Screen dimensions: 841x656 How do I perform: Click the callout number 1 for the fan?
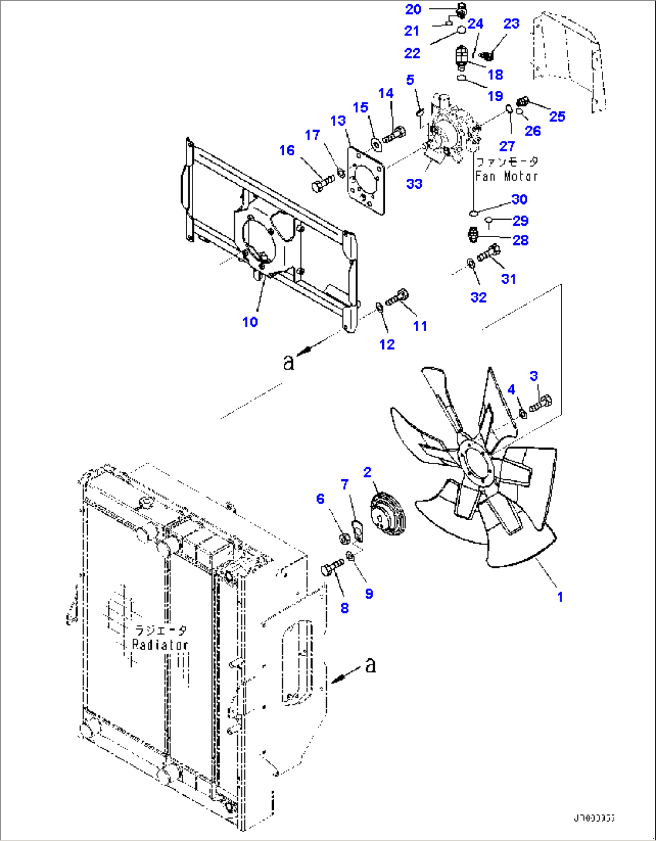(x=560, y=597)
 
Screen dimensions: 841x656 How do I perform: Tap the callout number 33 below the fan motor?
(x=414, y=184)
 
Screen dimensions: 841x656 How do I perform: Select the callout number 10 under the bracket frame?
(x=250, y=321)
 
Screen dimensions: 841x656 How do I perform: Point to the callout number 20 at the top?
(x=413, y=9)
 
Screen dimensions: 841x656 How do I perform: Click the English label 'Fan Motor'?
(x=506, y=176)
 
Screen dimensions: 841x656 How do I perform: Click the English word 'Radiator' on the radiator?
(x=160, y=644)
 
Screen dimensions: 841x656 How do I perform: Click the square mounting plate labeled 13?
(x=366, y=180)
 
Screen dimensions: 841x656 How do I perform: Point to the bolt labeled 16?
(x=323, y=182)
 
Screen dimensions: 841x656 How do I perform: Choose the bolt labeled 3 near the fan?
(x=540, y=403)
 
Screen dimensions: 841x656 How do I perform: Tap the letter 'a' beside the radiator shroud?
(x=370, y=665)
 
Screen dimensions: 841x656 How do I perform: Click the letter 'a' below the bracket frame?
(x=289, y=361)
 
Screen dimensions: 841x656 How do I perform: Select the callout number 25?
(x=557, y=116)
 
